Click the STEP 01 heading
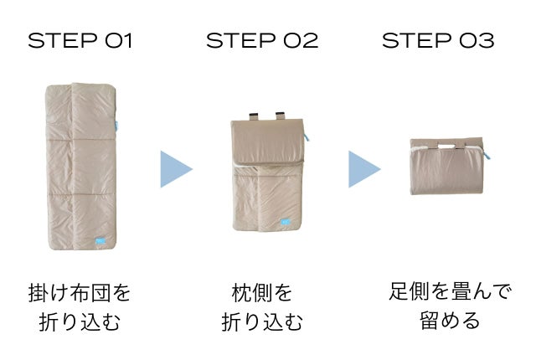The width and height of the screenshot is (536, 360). point(80,41)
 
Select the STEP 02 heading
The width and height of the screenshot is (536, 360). point(262,41)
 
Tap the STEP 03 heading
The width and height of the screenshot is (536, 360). point(438,41)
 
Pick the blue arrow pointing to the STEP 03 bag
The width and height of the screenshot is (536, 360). point(364,169)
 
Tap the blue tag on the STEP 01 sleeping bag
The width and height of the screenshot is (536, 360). point(100,241)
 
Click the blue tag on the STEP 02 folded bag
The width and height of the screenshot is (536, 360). point(286,223)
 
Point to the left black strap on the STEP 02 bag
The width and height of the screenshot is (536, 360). point(253,116)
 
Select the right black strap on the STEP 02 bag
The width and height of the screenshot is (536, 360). point(281,116)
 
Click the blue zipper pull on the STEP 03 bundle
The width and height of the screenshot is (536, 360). point(487,155)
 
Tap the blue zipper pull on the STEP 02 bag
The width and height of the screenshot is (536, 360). point(307,137)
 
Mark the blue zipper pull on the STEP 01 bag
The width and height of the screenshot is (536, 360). point(116,126)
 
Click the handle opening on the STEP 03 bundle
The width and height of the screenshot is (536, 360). point(446,147)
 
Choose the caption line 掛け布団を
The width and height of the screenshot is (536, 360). point(80,293)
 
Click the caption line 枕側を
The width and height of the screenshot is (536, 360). point(262,293)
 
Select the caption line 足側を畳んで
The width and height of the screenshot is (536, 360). point(450,291)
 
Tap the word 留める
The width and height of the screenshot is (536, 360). point(450,321)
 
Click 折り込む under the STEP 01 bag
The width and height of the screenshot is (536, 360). point(80,321)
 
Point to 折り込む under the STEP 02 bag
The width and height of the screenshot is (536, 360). point(262,321)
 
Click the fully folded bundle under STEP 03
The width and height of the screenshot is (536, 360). point(447,167)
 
